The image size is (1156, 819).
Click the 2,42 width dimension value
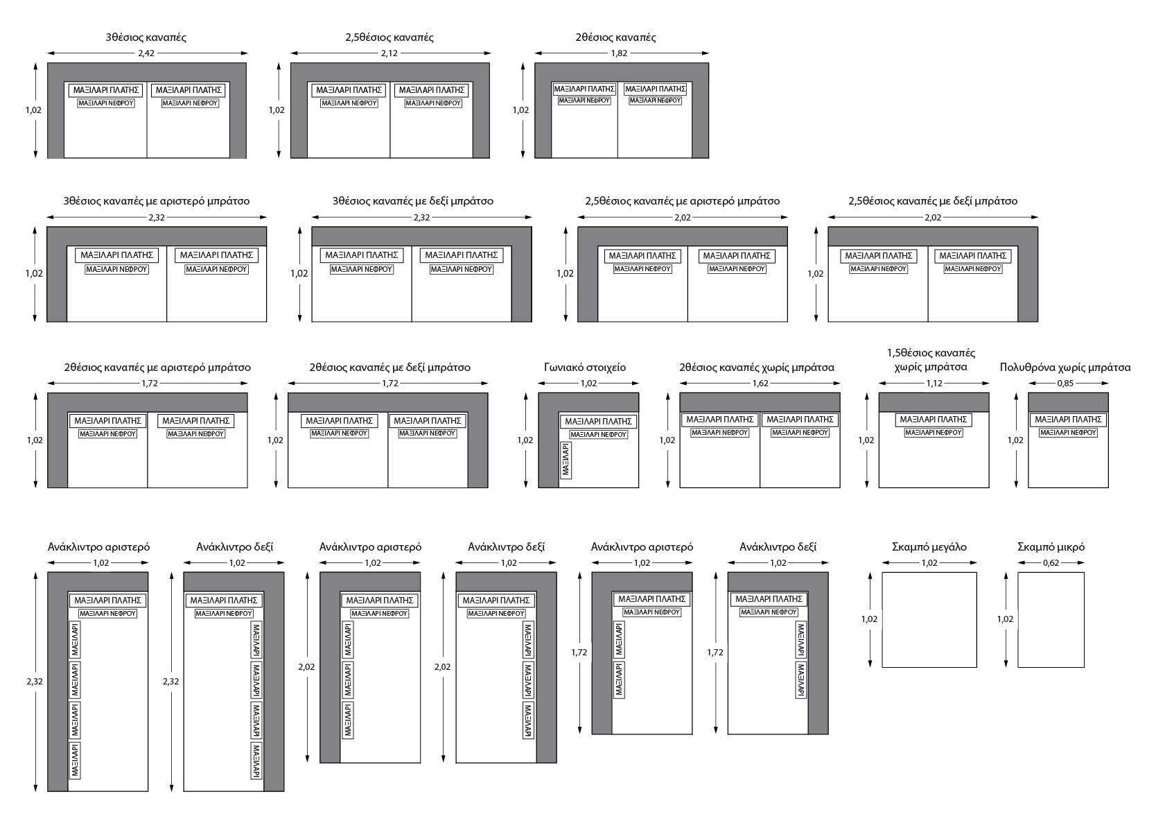coord(146,53)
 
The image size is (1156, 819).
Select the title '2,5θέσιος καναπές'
coord(389,37)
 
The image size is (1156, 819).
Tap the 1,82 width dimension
coord(620,53)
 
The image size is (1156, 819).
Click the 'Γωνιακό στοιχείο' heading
coord(585,368)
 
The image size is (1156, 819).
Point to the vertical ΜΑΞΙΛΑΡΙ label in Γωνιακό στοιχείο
coord(566,460)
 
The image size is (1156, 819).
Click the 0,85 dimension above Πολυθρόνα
coord(1066,383)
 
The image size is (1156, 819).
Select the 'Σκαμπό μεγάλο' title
coord(929,547)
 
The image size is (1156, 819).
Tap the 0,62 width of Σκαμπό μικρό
coord(1051,563)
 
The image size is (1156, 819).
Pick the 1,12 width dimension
coord(935,383)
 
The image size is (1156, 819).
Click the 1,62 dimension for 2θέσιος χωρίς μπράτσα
coord(760,383)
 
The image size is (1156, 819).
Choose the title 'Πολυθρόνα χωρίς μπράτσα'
coord(1065,368)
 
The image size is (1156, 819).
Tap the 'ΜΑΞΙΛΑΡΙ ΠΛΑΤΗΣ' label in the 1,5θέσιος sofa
coord(934,420)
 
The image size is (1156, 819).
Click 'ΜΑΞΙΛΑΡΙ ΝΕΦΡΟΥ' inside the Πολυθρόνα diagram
coord(1068,433)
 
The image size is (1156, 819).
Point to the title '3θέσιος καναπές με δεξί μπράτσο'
coord(413,201)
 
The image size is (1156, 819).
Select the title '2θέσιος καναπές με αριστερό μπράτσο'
coord(157,368)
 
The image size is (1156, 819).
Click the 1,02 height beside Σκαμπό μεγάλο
coord(870,619)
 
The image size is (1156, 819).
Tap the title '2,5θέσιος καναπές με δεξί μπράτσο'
coord(933,201)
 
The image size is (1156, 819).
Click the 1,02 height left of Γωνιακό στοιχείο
coord(525,440)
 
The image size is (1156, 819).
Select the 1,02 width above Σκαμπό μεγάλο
coord(929,563)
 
